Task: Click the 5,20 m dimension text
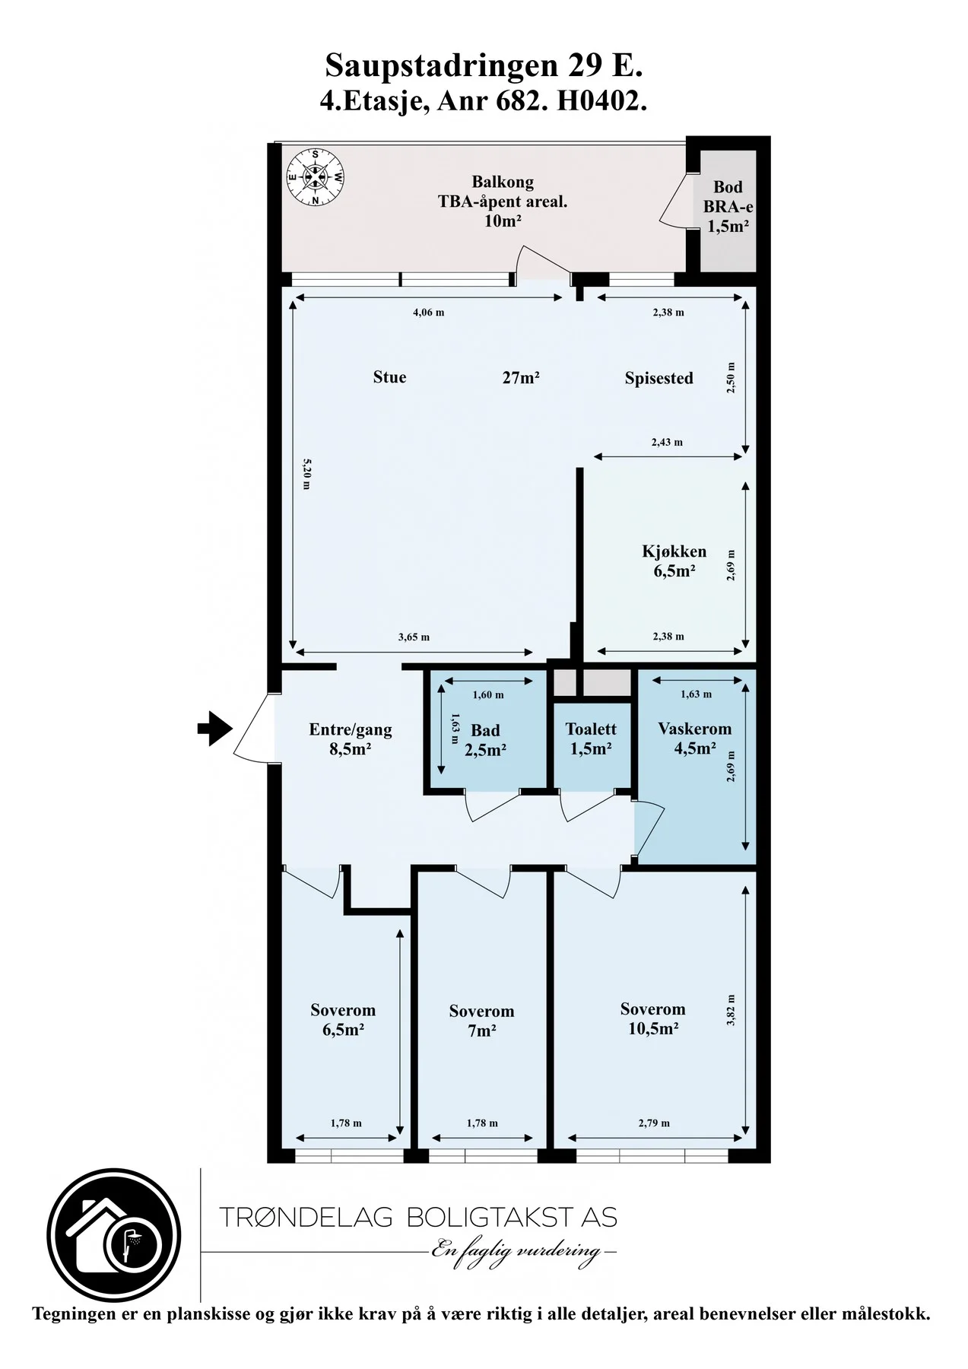tap(306, 473)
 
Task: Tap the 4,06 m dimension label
tap(429, 312)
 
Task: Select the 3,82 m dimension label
tap(731, 1010)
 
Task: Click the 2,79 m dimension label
tap(654, 1123)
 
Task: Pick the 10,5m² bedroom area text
tap(653, 1028)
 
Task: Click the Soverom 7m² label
tap(481, 1021)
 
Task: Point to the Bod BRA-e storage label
tap(728, 206)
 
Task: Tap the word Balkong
tap(503, 182)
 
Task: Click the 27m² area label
tap(521, 376)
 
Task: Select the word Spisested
tap(659, 378)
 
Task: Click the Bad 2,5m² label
tap(485, 740)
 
